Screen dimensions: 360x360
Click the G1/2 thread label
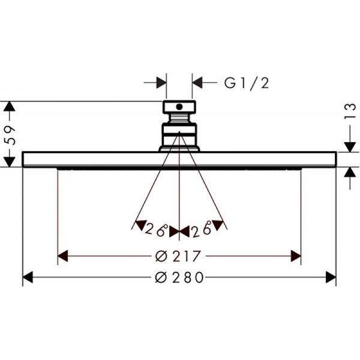pyautogui.click(x=247, y=83)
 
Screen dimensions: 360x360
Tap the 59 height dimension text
pyautogui.click(x=10, y=135)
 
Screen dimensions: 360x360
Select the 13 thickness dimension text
pyautogui.click(x=350, y=112)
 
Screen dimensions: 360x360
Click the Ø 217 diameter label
pyautogui.click(x=178, y=256)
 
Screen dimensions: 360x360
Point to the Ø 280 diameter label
pyautogui.click(x=179, y=277)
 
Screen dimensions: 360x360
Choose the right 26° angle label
pyautogui.click(x=202, y=229)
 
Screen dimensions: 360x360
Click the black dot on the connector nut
pyautogui.click(x=179, y=107)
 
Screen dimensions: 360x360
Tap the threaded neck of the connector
pyautogui.click(x=179, y=118)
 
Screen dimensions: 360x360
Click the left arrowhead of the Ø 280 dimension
pyautogui.click(x=28, y=277)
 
